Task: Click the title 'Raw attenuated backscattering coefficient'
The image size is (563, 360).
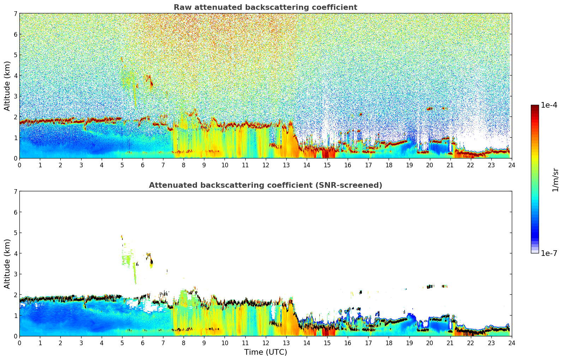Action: tap(265, 7)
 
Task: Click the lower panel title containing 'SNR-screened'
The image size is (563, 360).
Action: tap(265, 185)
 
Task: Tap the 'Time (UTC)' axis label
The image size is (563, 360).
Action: tap(265, 352)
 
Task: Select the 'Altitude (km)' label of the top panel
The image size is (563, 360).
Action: tap(7, 86)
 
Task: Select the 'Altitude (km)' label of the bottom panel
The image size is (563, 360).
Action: tap(7, 264)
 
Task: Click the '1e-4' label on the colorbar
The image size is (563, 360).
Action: tap(549, 105)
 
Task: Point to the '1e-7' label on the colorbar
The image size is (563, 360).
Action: tap(549, 253)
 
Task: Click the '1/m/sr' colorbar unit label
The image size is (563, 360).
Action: tap(555, 180)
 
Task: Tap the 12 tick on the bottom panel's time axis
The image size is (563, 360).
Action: tap(265, 343)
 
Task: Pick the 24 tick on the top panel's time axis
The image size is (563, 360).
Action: tap(511, 165)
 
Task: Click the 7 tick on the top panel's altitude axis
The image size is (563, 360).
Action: tap(15, 14)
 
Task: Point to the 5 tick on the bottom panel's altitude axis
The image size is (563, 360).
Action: tap(15, 233)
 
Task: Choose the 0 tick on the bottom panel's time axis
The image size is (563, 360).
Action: tap(19, 343)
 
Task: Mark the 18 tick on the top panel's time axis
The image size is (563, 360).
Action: tap(389, 165)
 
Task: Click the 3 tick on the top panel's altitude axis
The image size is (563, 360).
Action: tap(15, 96)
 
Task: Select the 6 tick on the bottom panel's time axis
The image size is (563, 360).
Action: tap(143, 343)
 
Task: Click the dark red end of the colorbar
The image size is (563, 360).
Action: tap(535, 107)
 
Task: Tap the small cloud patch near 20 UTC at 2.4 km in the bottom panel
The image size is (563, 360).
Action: tap(430, 287)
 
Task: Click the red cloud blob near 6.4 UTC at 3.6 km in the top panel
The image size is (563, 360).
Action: tap(151, 84)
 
